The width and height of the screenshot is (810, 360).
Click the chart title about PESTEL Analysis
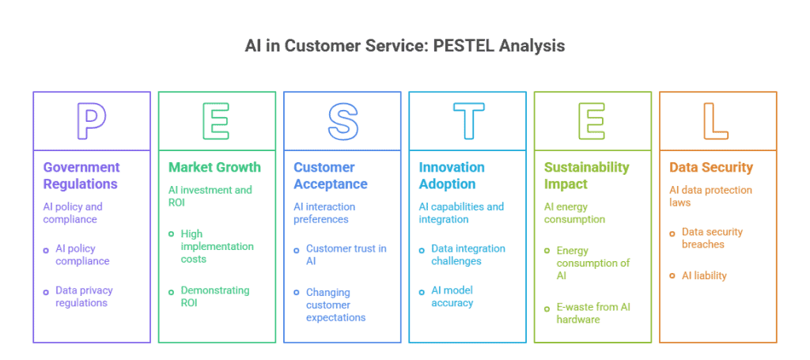click(405, 45)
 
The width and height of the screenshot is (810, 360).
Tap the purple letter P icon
click(92, 121)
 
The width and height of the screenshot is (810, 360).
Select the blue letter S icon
click(343, 121)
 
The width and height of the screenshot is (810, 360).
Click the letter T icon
click(468, 121)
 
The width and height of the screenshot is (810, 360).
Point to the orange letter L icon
click(717, 121)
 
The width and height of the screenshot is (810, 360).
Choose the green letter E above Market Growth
click(217, 121)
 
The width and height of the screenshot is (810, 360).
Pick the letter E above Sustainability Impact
click(592, 121)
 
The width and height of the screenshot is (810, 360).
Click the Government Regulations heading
click(81, 176)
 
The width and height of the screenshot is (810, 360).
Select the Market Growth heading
click(214, 167)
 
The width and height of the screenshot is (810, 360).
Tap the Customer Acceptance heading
click(331, 176)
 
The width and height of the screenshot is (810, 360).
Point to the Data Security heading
click(711, 167)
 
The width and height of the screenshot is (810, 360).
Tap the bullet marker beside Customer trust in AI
click(297, 249)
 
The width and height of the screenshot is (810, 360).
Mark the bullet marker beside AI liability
click(672, 276)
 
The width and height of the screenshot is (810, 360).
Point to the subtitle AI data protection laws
click(710, 196)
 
